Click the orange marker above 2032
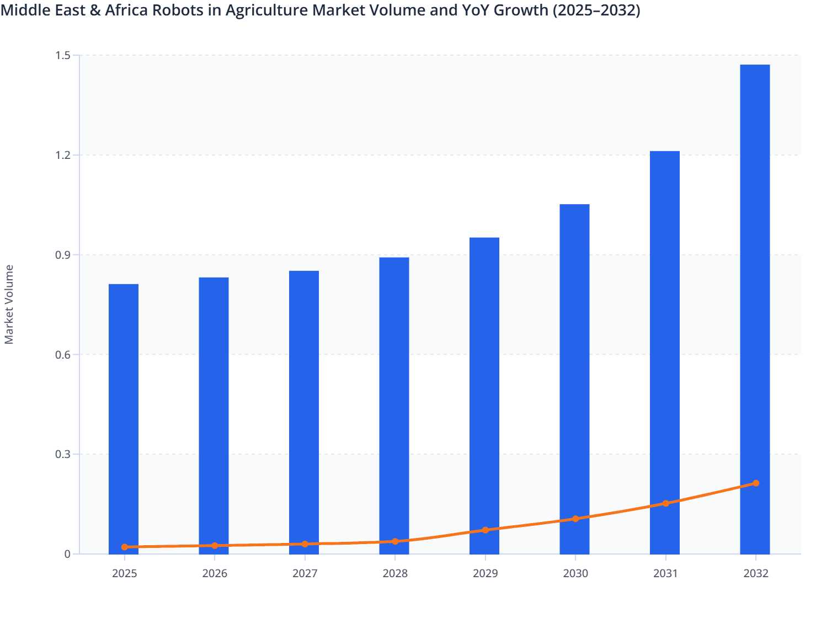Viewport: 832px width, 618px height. (x=756, y=483)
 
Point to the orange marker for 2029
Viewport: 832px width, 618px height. (x=486, y=530)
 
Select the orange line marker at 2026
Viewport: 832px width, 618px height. (x=215, y=546)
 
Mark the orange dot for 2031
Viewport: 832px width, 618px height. (x=665, y=503)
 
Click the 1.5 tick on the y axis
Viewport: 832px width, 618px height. (x=63, y=55)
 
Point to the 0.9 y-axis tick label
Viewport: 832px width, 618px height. (x=63, y=255)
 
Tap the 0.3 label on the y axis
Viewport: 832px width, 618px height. (x=63, y=454)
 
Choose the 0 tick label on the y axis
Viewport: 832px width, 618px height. (x=67, y=554)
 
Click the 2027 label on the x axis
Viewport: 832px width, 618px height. (x=305, y=574)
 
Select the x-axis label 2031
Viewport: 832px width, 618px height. (x=665, y=574)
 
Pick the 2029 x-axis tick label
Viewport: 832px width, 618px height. (x=485, y=574)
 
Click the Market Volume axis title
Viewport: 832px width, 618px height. (x=9, y=304)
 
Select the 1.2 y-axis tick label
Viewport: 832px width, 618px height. (x=63, y=155)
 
